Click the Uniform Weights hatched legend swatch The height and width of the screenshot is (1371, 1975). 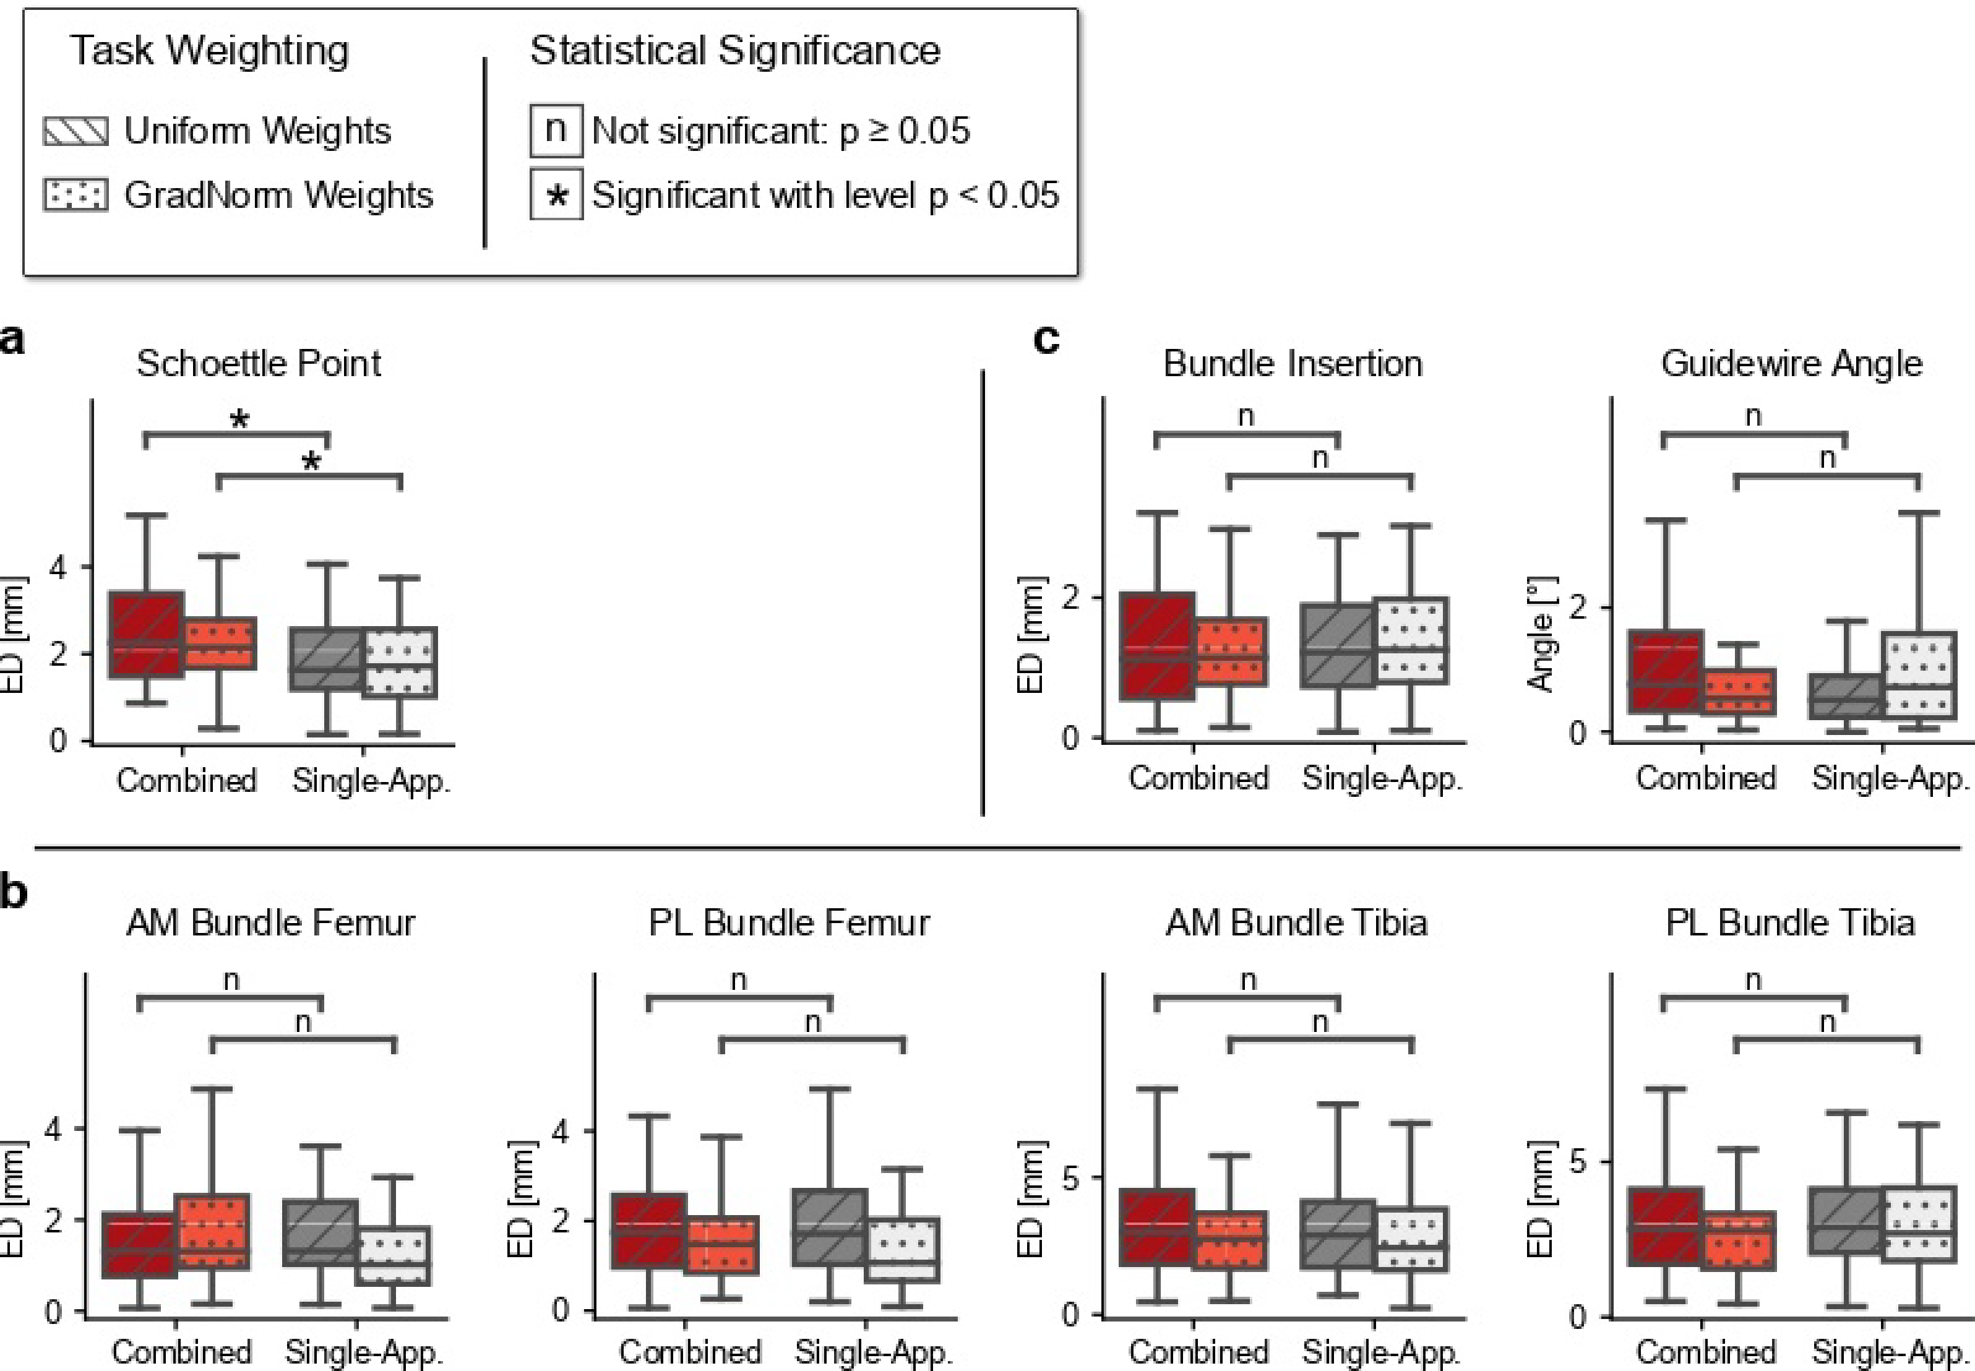pos(75,131)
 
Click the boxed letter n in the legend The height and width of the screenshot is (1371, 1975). pos(556,131)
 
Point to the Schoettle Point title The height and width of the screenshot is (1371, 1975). pos(259,363)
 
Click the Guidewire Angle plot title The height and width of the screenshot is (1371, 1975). pos(1791,363)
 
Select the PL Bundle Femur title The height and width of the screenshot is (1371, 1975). pos(789,922)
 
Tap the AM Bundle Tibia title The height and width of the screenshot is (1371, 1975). pos(1296,922)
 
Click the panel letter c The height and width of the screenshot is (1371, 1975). pos(1046,338)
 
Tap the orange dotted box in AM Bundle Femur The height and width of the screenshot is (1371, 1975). pos(212,1231)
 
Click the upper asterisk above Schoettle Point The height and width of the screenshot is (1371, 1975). pos(239,421)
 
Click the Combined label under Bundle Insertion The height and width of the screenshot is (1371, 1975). pos(1198,778)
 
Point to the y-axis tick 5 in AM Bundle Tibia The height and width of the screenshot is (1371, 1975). pos(1070,1178)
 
